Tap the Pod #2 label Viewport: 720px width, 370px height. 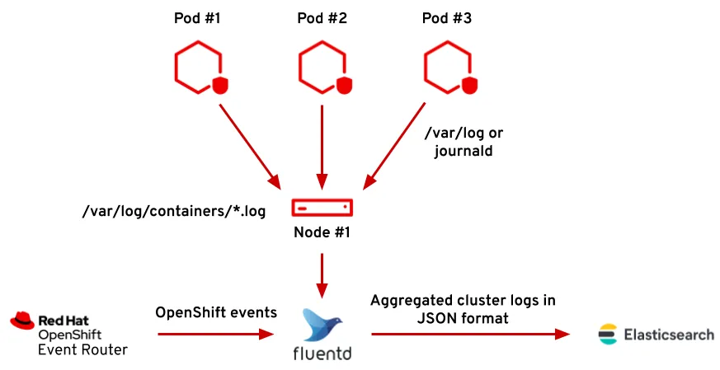322,18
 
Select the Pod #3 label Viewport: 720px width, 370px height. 448,18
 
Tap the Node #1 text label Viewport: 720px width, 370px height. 322,232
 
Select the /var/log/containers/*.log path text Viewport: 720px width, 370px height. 174,212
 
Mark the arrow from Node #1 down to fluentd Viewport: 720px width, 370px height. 322,276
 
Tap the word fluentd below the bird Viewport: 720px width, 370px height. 322,354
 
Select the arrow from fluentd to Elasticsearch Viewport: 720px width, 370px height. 470,335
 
